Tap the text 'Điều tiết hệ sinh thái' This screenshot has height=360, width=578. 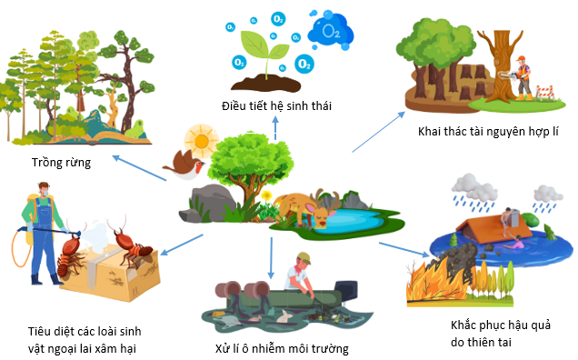[x=276, y=106]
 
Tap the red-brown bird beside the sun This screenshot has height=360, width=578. [x=181, y=165]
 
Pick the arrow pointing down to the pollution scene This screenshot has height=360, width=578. [x=270, y=258]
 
